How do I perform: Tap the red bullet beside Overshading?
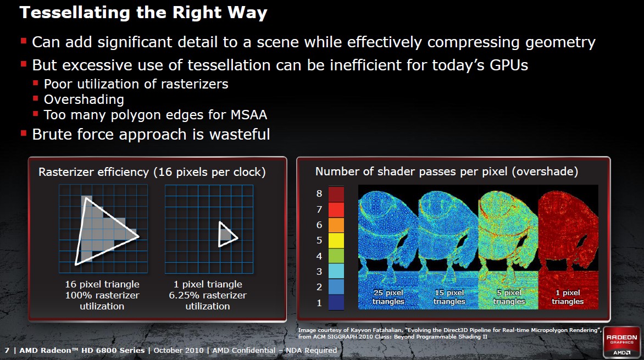coord(36,98)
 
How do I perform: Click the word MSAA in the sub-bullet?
coord(249,115)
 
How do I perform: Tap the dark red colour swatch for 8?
coord(336,194)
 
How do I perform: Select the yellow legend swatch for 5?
coord(336,240)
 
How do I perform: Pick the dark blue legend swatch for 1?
coord(336,302)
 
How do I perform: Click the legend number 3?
coord(319,272)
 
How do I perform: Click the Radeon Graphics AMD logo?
coord(621,342)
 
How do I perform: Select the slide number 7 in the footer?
coord(7,351)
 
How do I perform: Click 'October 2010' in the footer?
coord(178,351)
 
